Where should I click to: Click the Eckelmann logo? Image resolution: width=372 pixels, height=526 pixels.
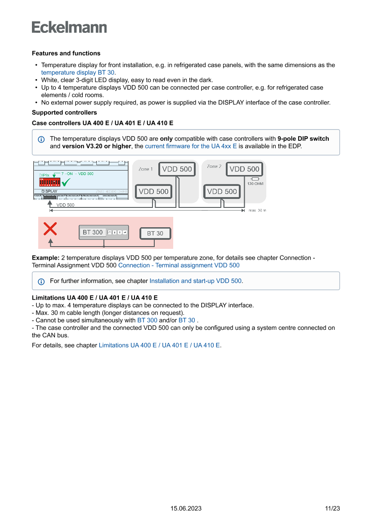coord(69,27)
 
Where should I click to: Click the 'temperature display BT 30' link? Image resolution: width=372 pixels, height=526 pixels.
coord(78,72)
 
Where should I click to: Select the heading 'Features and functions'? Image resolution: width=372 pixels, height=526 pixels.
coord(66,54)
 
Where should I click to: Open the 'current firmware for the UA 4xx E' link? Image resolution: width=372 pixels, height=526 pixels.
coord(191,146)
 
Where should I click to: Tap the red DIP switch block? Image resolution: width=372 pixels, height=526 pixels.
coord(50,182)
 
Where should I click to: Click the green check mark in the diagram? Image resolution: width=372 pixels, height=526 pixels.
coord(66,182)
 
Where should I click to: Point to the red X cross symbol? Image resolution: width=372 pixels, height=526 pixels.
coord(50,229)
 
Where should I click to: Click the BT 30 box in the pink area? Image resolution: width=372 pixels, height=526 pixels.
coord(155,233)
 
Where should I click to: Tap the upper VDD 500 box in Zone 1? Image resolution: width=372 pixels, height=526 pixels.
coord(177,169)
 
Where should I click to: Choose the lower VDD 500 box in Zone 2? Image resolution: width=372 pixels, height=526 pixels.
coord(222,191)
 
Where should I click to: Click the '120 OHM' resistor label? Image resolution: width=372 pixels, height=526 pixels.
coord(255,184)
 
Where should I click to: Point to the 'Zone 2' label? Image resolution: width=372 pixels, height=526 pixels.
coord(214,166)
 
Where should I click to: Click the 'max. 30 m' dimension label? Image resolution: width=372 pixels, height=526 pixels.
coord(258,210)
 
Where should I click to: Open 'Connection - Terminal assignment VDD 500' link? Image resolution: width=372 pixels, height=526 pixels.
coord(179,265)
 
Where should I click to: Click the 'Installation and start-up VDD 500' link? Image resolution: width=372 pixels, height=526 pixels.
coord(196,281)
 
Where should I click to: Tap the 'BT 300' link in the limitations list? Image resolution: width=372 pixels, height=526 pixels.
coord(147,320)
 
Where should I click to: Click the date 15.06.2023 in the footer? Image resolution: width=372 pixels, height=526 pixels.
coord(186,508)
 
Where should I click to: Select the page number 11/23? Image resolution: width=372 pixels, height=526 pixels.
coord(332,508)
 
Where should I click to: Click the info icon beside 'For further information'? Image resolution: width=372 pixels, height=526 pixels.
coord(41,281)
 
